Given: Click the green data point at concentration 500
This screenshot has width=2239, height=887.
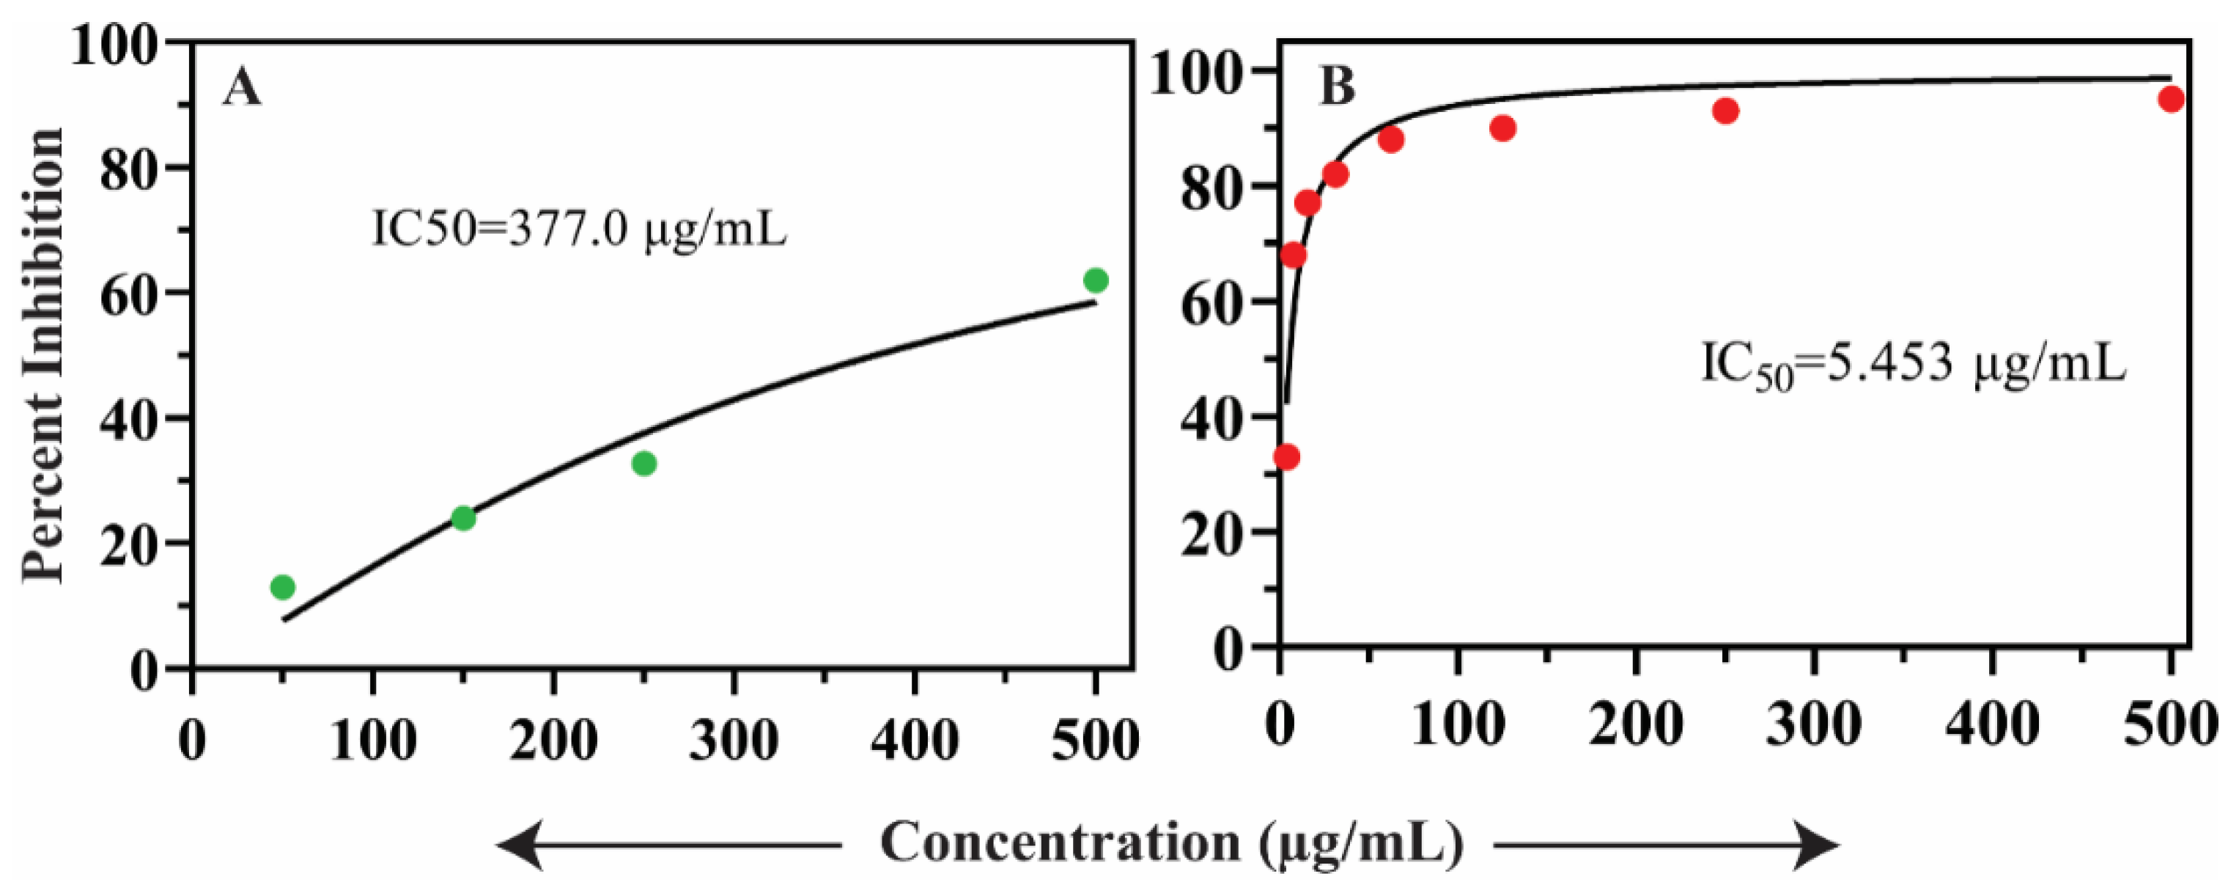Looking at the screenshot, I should point(1095,281).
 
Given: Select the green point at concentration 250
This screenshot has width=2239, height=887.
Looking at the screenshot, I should point(643,463).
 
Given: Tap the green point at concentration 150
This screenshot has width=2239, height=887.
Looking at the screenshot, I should point(463,518).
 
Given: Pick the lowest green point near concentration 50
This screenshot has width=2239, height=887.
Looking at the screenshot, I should point(282,587).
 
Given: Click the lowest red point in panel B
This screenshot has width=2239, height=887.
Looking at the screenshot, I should point(1287,456).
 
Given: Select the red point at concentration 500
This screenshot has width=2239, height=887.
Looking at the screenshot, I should point(2170,99).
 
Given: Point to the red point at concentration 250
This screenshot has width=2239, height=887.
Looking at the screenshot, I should point(1725,111).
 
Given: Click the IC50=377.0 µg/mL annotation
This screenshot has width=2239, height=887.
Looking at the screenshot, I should point(579,230).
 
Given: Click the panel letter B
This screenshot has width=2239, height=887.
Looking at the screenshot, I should point(1337,87).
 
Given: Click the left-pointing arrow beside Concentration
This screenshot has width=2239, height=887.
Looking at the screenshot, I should point(669,845).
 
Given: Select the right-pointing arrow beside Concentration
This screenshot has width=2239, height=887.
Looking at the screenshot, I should point(1664,845).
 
